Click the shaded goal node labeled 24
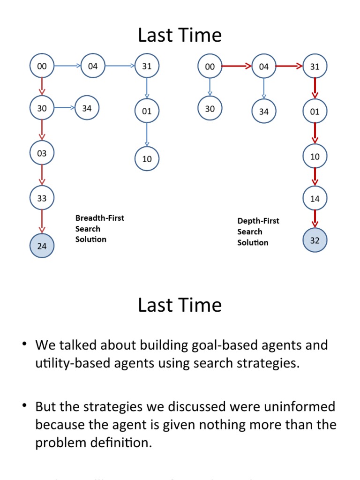(42, 246)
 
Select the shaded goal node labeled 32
(315, 240)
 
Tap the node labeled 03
(42, 153)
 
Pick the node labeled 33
(42, 198)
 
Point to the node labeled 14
(315, 198)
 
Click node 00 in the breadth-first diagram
(42, 67)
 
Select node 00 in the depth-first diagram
(210, 67)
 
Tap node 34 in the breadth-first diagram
(87, 108)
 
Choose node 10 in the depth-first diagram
(315, 156)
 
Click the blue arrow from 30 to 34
(64, 108)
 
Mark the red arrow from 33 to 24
(42, 222)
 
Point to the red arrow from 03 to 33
(42, 175)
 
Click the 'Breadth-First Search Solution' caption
(99, 229)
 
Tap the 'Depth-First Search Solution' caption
(258, 232)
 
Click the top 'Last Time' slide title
(180, 35)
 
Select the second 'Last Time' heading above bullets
(180, 305)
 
